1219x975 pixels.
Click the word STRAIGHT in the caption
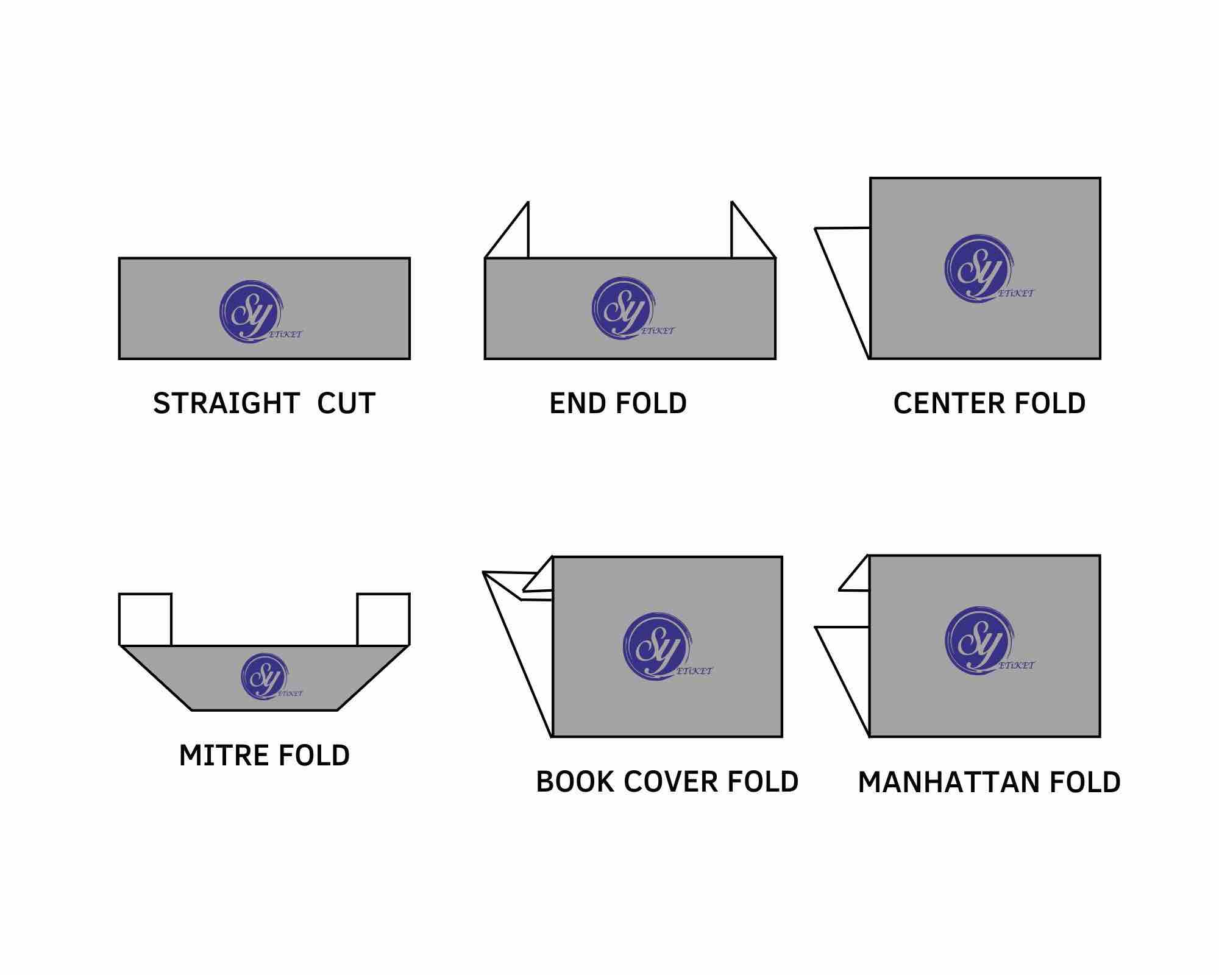tap(226, 403)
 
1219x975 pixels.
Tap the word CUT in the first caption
tap(346, 403)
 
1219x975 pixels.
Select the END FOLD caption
tap(618, 403)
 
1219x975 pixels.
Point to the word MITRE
tap(220, 756)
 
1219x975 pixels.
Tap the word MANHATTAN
tap(948, 782)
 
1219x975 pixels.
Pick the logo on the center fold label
tap(978, 269)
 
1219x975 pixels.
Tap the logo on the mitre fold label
tap(265, 677)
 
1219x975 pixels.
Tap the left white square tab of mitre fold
tap(145, 619)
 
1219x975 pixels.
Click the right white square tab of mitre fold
tap(383, 619)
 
